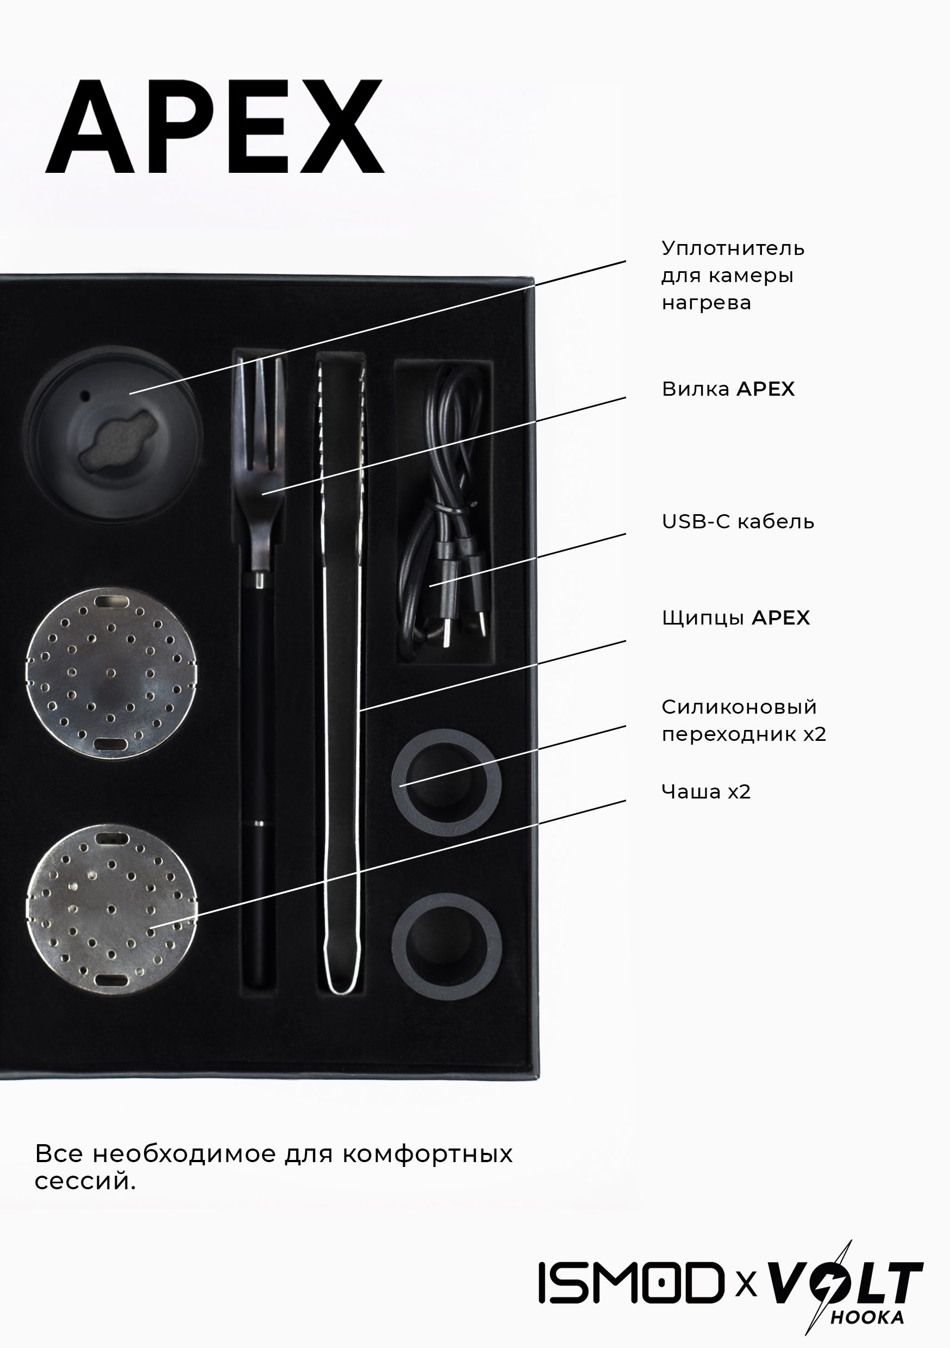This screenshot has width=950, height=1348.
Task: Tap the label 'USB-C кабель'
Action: (x=738, y=521)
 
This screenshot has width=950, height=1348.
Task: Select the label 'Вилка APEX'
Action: (x=728, y=389)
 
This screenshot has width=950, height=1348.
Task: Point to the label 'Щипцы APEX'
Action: (x=736, y=617)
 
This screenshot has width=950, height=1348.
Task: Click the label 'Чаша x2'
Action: (x=706, y=791)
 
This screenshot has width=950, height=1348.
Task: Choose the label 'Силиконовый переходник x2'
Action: (x=744, y=720)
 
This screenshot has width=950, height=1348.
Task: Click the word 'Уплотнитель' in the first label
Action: (x=733, y=248)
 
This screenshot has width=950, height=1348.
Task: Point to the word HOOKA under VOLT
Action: (x=867, y=1318)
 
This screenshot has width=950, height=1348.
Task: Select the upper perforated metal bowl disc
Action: (x=111, y=673)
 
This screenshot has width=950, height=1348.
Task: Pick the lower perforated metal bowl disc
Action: (x=111, y=909)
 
